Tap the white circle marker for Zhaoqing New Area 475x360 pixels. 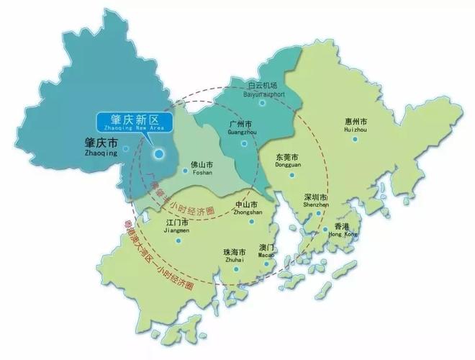(159, 153)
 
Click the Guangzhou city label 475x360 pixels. (239, 128)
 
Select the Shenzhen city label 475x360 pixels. (315, 200)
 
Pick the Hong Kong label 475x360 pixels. (342, 229)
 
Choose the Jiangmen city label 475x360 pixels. (178, 227)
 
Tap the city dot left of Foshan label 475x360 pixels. (185, 171)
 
